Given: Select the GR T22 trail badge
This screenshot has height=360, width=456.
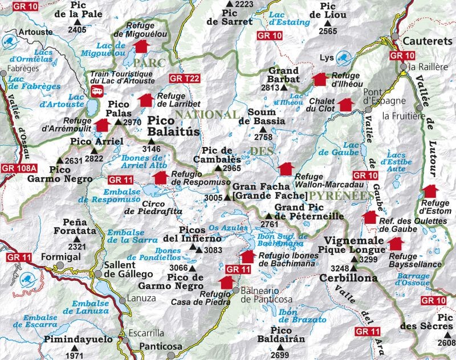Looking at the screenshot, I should tap(184, 78).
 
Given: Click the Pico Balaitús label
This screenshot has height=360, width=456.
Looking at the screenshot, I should tap(174, 126).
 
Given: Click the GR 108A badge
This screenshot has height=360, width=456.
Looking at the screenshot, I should tap(19, 168).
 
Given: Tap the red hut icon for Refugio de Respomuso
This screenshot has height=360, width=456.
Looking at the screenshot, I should tap(160, 177).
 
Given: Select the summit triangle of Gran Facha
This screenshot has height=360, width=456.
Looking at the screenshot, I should tap(227, 198).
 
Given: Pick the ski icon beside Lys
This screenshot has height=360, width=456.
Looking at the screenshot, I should tap(343, 57).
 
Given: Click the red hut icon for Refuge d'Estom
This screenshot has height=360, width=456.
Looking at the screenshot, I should tap(430, 190).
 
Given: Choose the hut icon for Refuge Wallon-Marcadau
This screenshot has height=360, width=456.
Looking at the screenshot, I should tap(286, 169).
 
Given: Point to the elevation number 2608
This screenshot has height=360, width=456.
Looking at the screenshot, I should tap(446, 343).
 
